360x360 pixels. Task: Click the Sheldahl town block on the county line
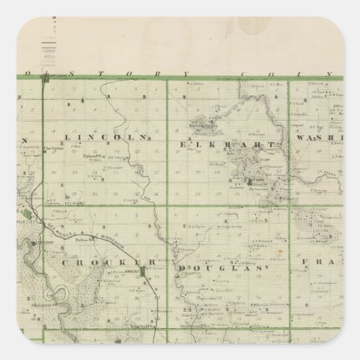click(46, 81)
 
